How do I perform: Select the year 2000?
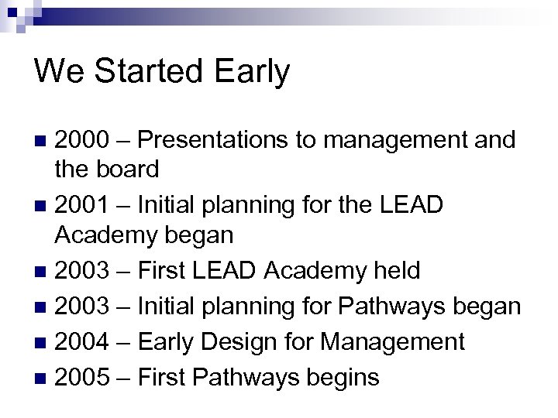pos(82,140)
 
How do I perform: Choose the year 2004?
pos(82,341)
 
